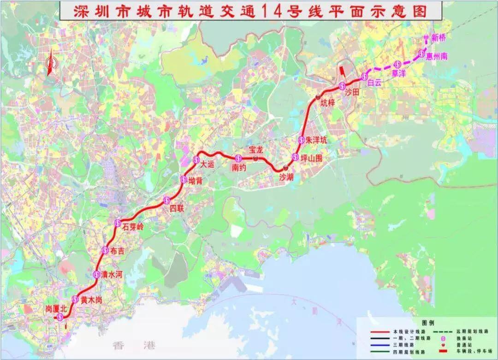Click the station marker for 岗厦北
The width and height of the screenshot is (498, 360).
pos(59,317)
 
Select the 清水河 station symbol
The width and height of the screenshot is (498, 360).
pos(96,275)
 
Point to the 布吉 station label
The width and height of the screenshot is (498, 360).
pos(118,251)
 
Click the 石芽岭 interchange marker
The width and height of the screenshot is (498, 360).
pos(117,224)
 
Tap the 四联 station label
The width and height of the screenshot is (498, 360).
pos(177,209)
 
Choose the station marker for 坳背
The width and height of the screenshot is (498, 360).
pos(183,180)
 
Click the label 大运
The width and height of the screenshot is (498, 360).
pos(207,163)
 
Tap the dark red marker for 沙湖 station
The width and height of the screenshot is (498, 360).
pos(286,167)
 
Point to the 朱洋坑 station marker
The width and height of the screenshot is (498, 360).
pos(301,140)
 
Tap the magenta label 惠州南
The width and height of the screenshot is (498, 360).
pos(437,56)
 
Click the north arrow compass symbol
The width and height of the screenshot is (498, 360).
pos(50,62)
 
